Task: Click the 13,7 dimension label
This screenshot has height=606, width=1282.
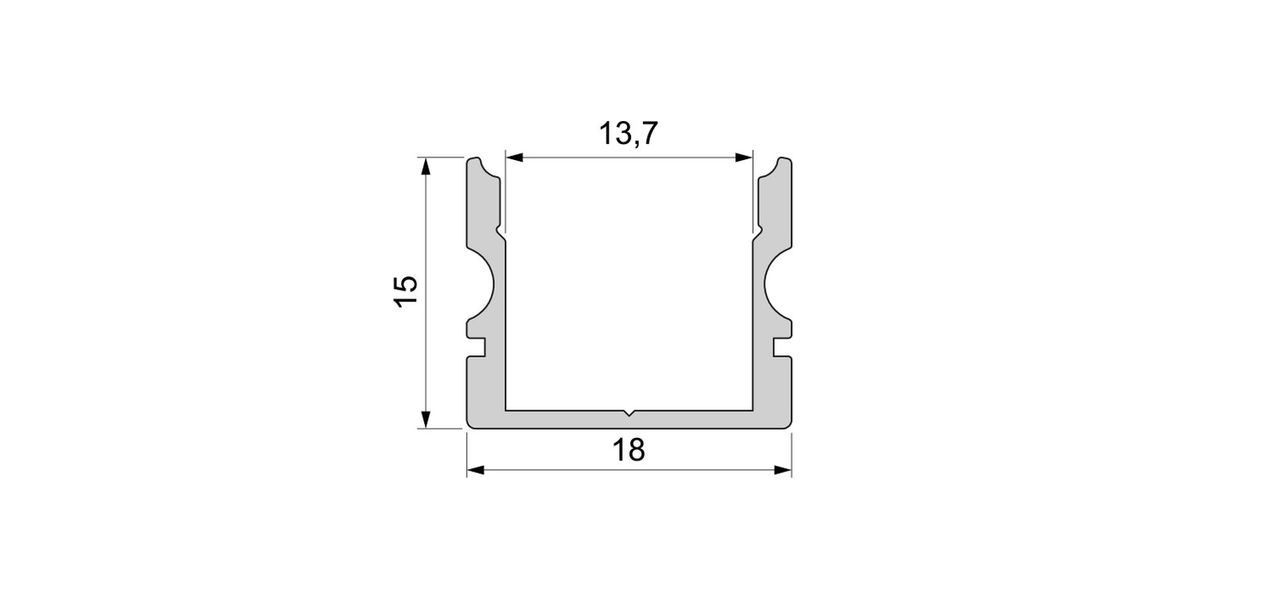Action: tap(629, 134)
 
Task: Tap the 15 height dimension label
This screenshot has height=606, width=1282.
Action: tap(407, 291)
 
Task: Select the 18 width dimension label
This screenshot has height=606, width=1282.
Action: tap(629, 450)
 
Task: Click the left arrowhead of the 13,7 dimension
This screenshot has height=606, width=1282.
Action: tap(515, 158)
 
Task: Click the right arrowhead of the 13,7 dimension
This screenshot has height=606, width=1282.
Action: tap(743, 158)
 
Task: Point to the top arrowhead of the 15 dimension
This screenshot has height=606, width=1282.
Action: tap(425, 166)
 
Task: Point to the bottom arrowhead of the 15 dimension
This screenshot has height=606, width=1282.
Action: tap(425, 419)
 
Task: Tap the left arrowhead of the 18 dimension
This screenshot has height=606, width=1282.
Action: tap(476, 471)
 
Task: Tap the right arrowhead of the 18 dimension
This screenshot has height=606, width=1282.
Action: tap(782, 471)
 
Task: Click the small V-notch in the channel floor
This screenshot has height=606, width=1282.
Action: tap(629, 413)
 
